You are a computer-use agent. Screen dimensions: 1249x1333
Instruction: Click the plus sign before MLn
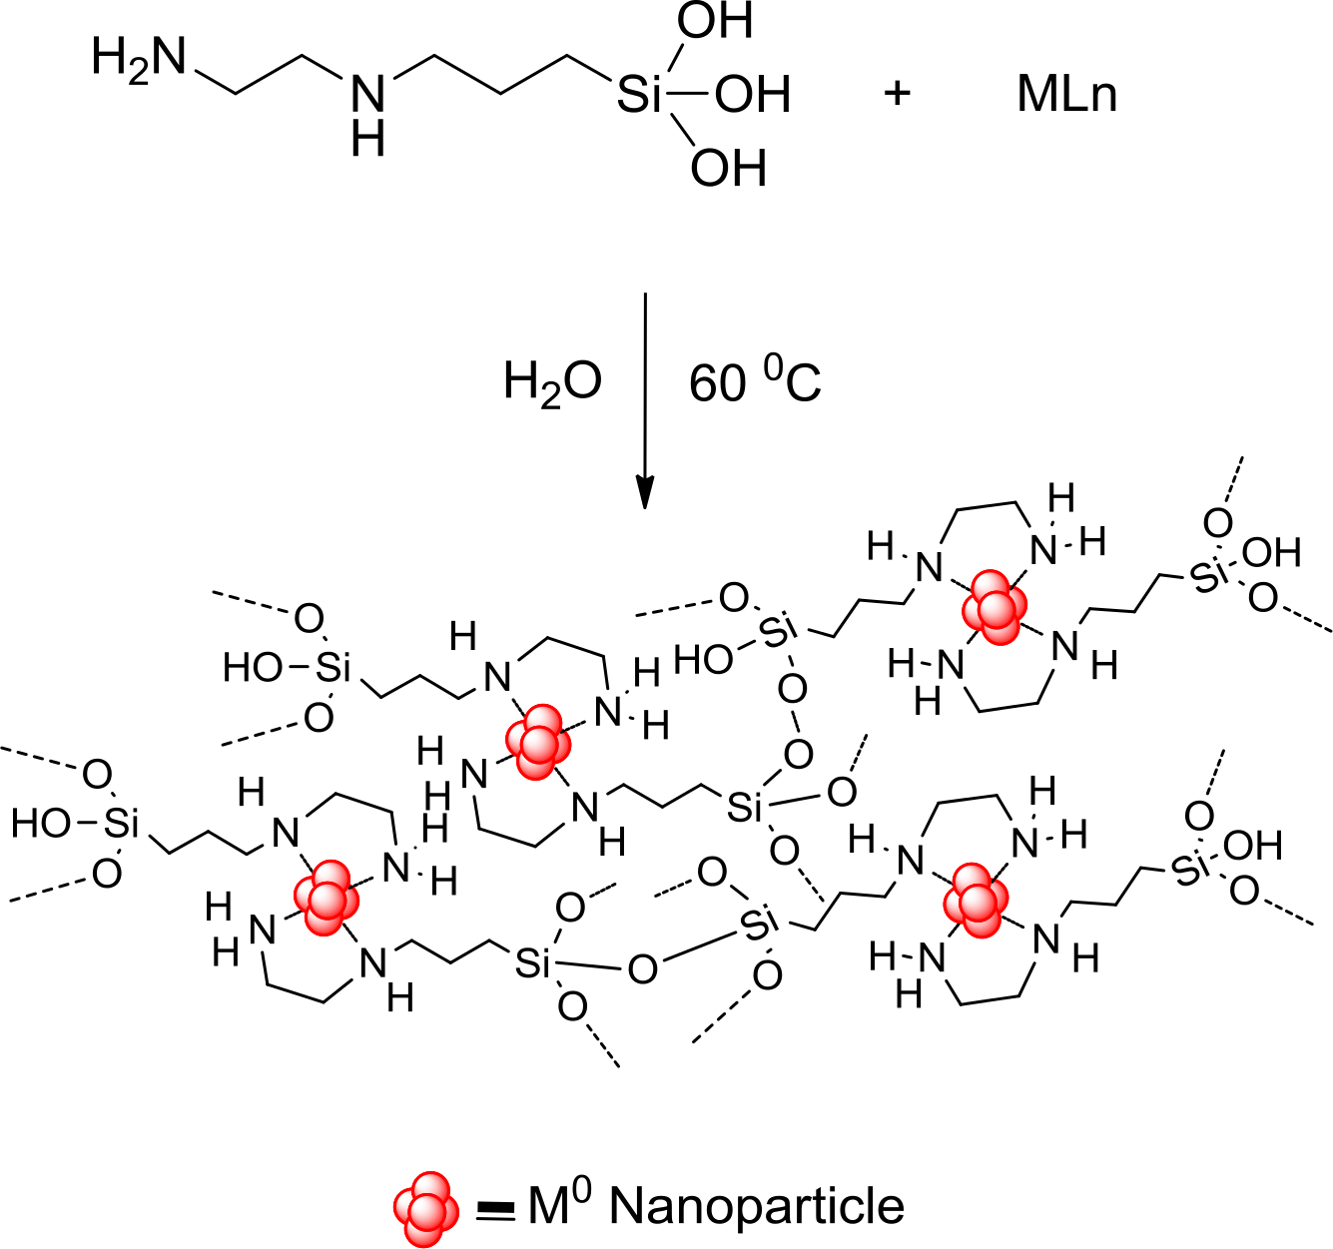pyautogui.click(x=898, y=94)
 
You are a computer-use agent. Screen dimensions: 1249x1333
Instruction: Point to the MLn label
pyautogui.click(x=1066, y=95)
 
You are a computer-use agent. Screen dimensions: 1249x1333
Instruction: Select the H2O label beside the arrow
pyautogui.click(x=552, y=382)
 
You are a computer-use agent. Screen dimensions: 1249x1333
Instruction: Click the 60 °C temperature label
pyautogui.click(x=755, y=382)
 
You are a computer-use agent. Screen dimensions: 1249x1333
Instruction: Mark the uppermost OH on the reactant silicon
pyautogui.click(x=715, y=22)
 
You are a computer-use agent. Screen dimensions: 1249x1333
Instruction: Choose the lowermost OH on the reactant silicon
pyautogui.click(x=729, y=169)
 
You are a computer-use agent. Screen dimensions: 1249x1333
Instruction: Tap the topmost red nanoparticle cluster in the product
pyautogui.click(x=993, y=606)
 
